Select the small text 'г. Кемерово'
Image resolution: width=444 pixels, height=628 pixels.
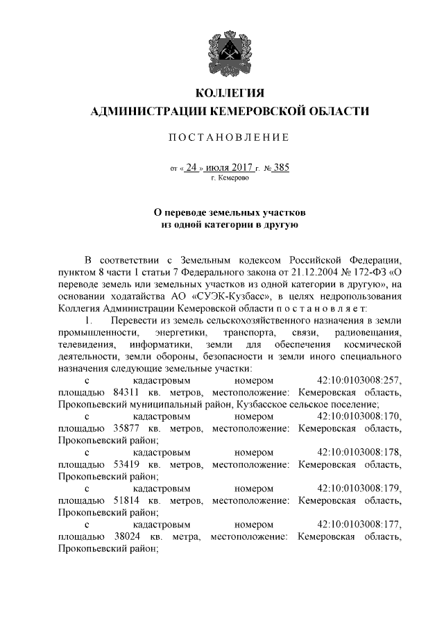(230, 178)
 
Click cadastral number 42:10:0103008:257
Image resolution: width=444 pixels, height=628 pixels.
(359, 380)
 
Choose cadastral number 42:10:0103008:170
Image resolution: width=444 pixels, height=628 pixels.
(359, 417)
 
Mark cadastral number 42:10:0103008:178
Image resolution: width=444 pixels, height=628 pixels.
(359, 452)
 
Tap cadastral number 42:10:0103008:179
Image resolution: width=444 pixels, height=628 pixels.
(359, 489)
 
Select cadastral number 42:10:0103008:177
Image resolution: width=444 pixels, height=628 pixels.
(359, 525)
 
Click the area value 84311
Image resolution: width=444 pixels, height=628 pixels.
(128, 393)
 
